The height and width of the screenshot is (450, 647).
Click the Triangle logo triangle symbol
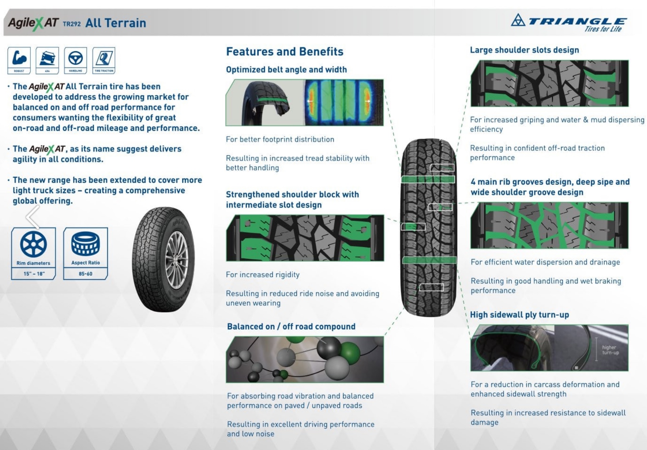[518, 20]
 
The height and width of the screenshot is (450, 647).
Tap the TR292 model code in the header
[71, 24]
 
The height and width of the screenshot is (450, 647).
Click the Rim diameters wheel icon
[33, 244]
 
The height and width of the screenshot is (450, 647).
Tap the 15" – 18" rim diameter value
[34, 274]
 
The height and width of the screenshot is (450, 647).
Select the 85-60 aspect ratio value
[85, 274]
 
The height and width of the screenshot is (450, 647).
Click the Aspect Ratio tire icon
[85, 244]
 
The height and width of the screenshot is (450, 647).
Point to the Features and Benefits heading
[285, 52]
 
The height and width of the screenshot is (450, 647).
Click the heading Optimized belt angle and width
[286, 70]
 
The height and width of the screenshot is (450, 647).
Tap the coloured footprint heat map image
[344, 102]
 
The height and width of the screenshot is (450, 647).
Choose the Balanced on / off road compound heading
[291, 326]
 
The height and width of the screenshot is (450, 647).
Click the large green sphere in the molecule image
[350, 353]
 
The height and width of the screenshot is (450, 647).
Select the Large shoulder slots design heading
[524, 50]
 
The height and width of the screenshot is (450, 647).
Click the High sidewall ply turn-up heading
[519, 315]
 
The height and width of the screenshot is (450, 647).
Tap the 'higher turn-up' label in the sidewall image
[610, 350]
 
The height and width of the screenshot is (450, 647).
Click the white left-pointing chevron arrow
[33, 217]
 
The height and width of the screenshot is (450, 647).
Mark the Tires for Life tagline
[603, 29]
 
